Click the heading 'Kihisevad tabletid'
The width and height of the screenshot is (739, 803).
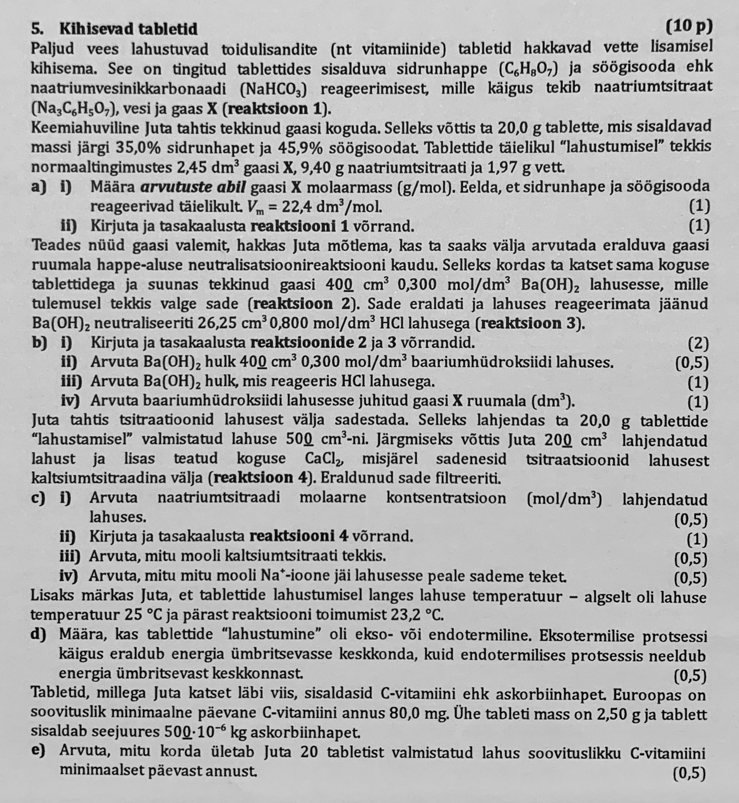coord(129,29)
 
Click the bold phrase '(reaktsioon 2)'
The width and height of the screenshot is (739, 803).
coord(304,304)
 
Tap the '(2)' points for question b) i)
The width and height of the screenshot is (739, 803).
coord(698,343)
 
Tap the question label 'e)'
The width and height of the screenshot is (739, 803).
coord(38,752)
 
